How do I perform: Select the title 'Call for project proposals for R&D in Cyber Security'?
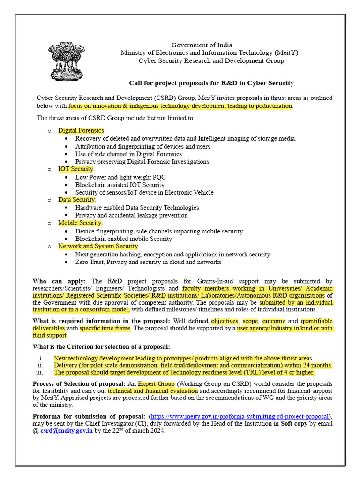click(211, 83)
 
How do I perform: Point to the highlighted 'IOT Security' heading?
click(76, 169)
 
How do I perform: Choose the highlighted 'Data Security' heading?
click(77, 200)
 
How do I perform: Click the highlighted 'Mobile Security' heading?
click(80, 223)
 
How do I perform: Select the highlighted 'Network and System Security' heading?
click(98, 246)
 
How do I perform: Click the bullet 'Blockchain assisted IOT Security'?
click(120, 185)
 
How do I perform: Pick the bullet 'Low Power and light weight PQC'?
click(120, 177)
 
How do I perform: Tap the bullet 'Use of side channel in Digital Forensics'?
click(128, 154)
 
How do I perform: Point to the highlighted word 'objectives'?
click(225, 321)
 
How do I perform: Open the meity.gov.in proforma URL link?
click(240, 416)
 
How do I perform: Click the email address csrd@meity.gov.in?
click(66, 431)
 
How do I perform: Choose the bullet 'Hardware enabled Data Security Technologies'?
click(137, 207)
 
